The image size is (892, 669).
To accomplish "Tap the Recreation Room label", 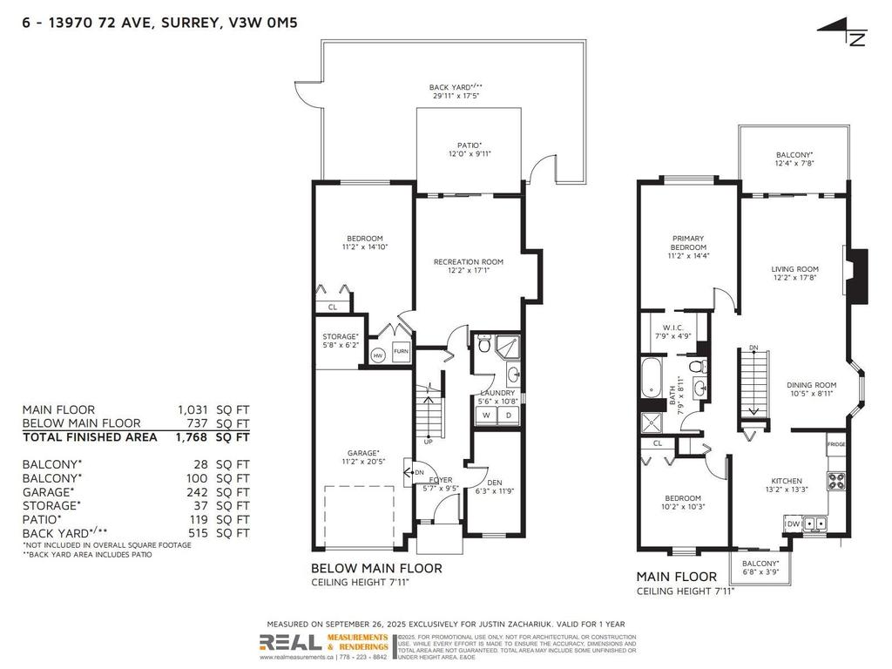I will (x=469, y=266).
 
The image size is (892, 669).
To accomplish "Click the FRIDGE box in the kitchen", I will (x=835, y=444).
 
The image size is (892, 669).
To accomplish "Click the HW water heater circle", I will (x=378, y=355).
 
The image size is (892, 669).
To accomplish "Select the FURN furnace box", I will (x=401, y=352).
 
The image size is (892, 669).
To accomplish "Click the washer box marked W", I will (x=485, y=416).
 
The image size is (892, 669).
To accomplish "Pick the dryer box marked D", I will (x=508, y=416).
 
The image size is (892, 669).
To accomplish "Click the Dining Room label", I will (x=811, y=389).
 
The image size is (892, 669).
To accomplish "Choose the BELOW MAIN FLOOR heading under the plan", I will (x=376, y=568).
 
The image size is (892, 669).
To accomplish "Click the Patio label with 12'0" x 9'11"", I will (x=470, y=150).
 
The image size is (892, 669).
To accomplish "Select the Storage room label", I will (x=340, y=341).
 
